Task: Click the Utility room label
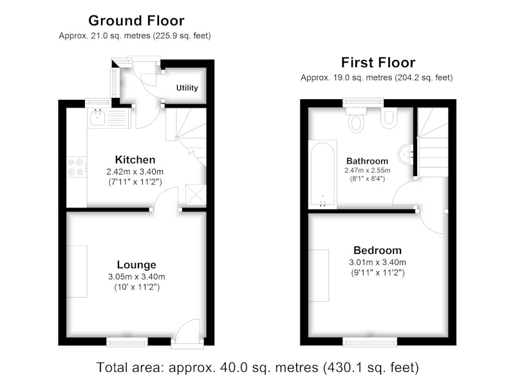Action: click(187, 88)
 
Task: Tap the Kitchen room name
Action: click(135, 160)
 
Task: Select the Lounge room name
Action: click(136, 265)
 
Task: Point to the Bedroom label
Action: click(377, 251)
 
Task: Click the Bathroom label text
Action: click(367, 161)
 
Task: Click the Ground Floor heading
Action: click(136, 21)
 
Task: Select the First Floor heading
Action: click(378, 63)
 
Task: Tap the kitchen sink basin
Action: click(98, 118)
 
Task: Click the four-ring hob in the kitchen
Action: click(76, 167)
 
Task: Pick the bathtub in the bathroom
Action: click(323, 174)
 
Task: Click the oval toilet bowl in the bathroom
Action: click(357, 123)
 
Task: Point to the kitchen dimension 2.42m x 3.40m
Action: click(135, 171)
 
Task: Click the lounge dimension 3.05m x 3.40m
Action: click(136, 276)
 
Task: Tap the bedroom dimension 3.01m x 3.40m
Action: click(377, 262)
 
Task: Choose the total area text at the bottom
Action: click(257, 367)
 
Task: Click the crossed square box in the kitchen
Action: click(196, 195)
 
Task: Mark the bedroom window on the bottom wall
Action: click(370, 343)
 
